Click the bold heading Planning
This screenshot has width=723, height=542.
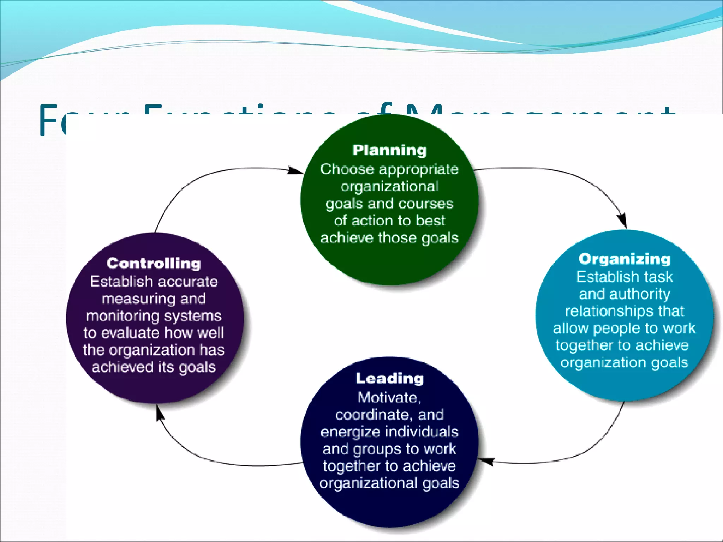click(389, 150)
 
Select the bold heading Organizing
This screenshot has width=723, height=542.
click(624, 259)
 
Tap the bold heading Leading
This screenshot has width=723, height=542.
click(389, 378)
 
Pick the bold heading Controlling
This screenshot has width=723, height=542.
click(154, 263)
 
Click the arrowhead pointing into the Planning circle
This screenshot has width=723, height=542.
click(296, 171)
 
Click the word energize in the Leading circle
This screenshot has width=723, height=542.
click(350, 432)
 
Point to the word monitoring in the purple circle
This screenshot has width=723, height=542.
click(118, 316)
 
